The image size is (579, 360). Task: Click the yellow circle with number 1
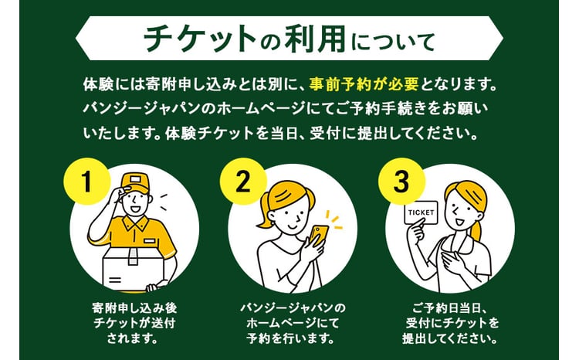tap(87, 182)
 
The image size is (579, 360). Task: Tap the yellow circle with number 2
tap(243, 182)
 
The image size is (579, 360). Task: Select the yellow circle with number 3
tap(401, 182)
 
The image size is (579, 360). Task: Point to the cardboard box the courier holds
tap(134, 267)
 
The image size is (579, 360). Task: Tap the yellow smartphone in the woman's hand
tap(319, 236)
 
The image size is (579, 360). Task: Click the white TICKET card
tap(422, 213)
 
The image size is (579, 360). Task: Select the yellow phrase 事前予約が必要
tap(364, 84)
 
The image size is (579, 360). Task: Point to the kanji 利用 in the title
tap(315, 39)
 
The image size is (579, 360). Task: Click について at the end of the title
tap(393, 41)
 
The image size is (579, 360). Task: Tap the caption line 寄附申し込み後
tap(134, 307)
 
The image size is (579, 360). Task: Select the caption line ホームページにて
tap(293, 323)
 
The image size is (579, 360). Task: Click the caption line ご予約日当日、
tap(451, 307)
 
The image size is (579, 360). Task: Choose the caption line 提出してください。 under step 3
tap(451, 338)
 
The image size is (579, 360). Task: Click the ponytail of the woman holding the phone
tap(266, 212)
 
